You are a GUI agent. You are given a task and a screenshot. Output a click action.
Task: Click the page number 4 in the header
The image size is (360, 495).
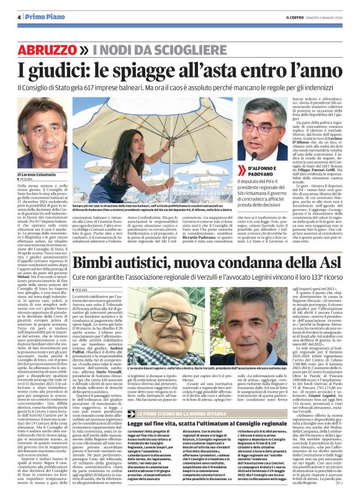(18, 18)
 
